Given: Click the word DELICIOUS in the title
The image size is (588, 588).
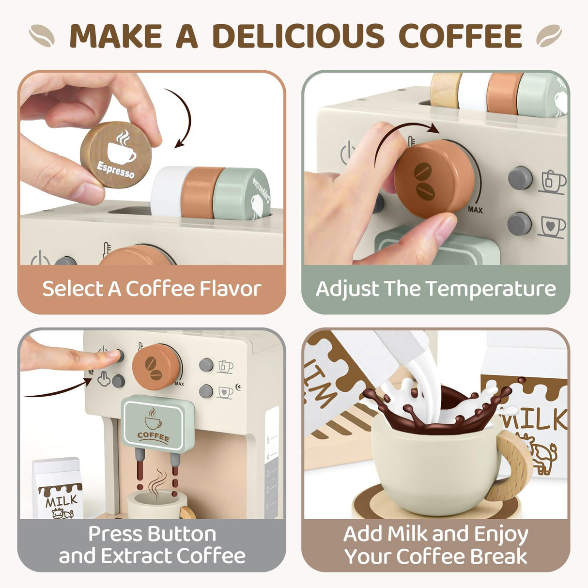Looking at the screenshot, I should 298,36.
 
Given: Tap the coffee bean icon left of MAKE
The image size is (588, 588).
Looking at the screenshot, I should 42,36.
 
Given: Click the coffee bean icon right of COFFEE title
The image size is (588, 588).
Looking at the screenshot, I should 549,36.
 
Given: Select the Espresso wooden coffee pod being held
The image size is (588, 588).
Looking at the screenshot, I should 116,155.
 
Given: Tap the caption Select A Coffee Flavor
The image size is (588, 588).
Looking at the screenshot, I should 152,289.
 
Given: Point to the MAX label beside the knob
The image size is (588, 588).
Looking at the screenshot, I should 475,210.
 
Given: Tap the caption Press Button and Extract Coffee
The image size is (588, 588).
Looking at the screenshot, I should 152,545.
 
